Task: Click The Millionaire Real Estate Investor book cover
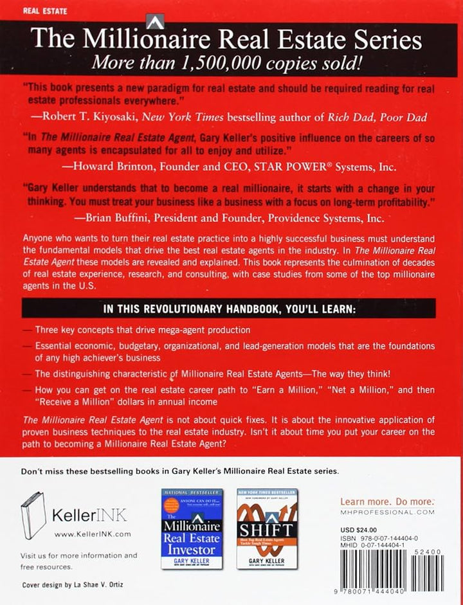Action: point(191,528)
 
